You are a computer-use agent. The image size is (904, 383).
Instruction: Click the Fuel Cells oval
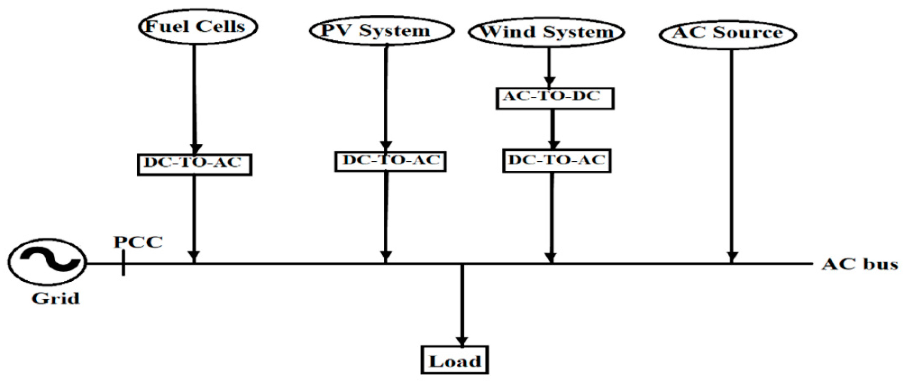[198, 27]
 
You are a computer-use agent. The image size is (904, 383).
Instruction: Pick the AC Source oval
[727, 34]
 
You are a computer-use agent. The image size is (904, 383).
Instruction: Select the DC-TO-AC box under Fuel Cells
[194, 164]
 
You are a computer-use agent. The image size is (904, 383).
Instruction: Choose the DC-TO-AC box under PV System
[390, 161]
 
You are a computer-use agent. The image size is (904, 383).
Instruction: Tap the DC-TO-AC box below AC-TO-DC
[556, 161]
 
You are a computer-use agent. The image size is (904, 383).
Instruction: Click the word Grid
[56, 299]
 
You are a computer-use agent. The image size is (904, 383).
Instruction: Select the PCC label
[138, 242]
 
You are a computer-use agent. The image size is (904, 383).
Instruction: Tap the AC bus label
[860, 264]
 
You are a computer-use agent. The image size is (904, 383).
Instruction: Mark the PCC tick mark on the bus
[123, 263]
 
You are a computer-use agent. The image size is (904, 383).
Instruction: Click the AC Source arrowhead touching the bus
[731, 257]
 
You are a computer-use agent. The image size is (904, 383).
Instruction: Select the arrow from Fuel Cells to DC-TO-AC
[194, 98]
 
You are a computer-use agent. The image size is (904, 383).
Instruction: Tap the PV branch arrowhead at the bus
[386, 257]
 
